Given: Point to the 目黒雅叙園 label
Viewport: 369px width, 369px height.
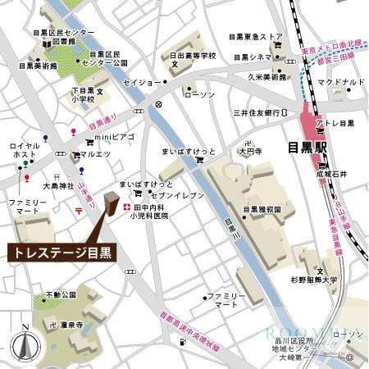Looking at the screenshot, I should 262,209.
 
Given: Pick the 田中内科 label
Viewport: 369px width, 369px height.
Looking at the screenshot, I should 150,209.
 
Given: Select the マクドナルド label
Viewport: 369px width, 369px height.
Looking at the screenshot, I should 340,83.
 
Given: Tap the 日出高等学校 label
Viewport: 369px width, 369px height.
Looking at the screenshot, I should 193,56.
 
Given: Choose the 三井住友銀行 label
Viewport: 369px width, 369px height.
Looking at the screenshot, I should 257,112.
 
